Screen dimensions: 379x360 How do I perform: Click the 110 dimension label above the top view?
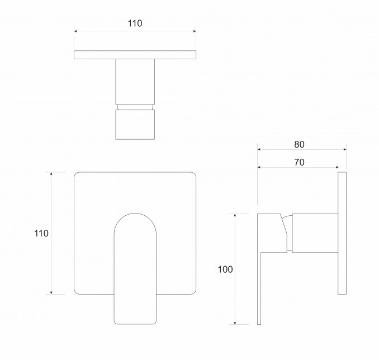point(135,23)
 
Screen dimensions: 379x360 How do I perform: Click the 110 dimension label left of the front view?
point(41,234)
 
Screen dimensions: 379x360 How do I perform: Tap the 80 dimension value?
point(299,145)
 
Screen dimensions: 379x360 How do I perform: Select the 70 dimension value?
point(299,163)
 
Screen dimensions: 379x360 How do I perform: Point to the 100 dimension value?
point(225,269)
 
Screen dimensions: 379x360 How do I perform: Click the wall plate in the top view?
point(135,55)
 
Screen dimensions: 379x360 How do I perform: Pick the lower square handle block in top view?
point(135,125)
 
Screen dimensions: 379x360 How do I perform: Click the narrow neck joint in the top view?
point(135,107)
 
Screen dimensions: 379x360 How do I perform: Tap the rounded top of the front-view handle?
point(135,214)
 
